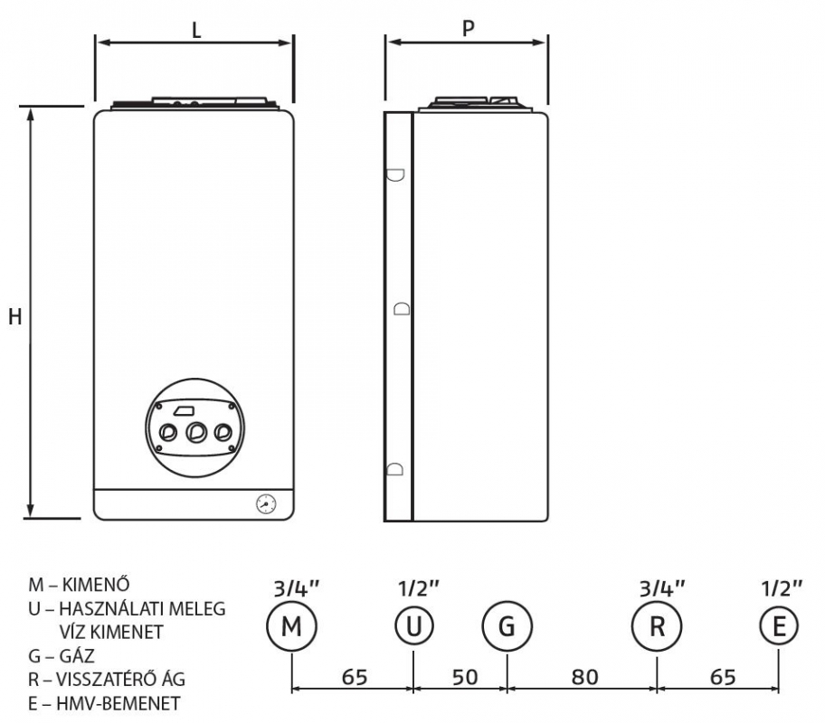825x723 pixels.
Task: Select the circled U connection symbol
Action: tap(414, 626)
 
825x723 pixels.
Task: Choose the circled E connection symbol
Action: tap(779, 626)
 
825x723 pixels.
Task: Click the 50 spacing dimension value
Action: tap(465, 677)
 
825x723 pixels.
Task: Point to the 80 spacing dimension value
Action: tap(585, 677)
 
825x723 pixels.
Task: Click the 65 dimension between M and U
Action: tap(355, 677)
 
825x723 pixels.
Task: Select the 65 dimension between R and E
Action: tap(723, 677)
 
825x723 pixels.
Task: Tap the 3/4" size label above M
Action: tap(297, 588)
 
